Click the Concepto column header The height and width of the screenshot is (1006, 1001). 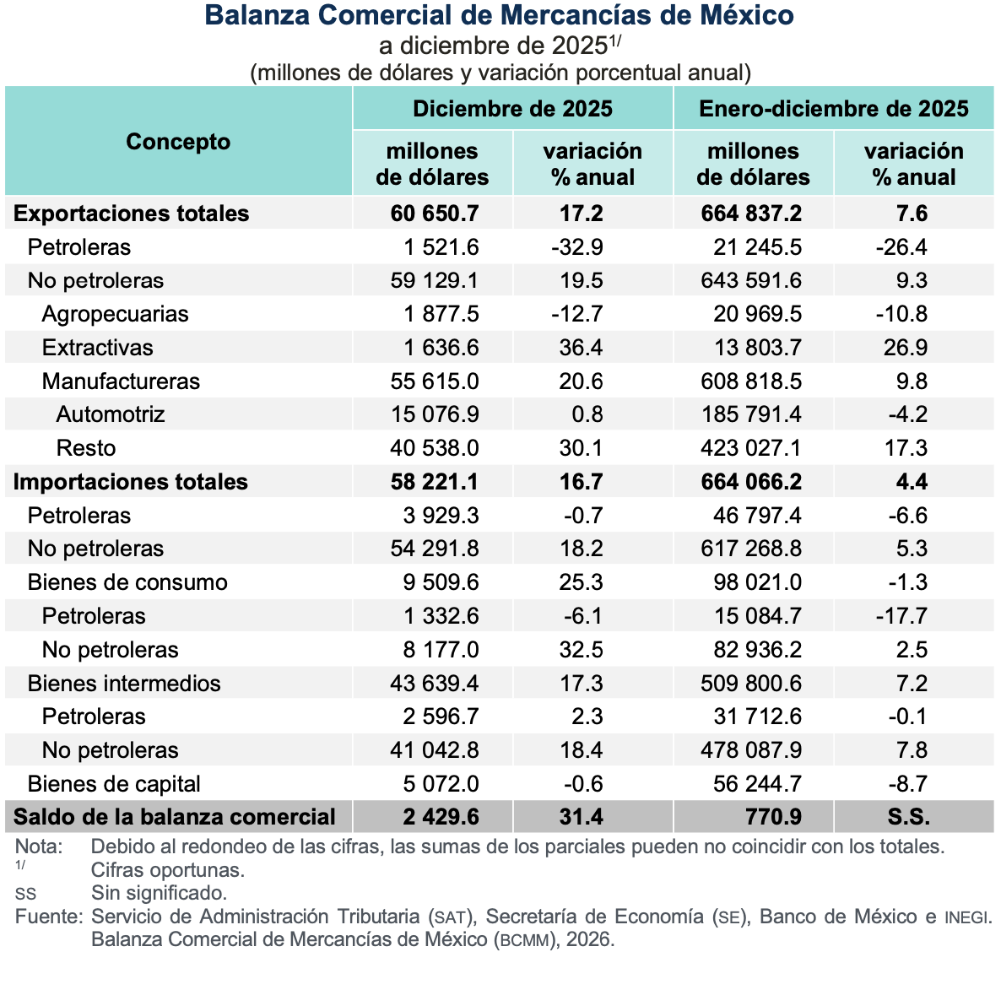point(178,142)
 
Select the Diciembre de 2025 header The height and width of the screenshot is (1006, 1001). point(512,109)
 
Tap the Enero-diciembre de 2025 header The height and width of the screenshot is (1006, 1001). point(833,109)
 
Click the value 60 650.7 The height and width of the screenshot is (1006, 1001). point(435,214)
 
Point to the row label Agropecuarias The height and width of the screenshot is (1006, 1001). point(115,314)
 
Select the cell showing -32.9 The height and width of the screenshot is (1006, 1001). point(580,247)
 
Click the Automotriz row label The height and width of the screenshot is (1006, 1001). point(111,414)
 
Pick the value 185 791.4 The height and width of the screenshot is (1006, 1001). point(751,414)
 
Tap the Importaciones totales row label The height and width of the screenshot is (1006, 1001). point(131,482)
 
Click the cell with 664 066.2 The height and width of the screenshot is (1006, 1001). point(751,482)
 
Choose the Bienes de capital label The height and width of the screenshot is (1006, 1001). point(114,784)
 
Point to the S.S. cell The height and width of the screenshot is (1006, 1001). point(908,817)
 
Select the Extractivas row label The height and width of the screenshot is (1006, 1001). point(98,348)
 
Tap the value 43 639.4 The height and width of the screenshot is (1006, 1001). point(435,684)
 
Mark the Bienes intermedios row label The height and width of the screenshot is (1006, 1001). point(124,684)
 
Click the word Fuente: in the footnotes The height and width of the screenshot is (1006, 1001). point(48,917)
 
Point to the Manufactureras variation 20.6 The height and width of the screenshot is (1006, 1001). point(581,381)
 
